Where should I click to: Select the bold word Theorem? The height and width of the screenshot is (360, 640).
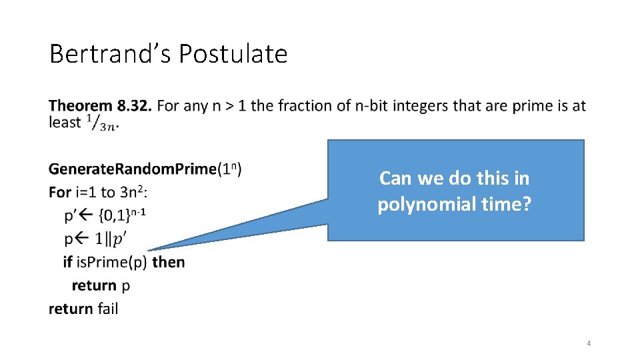tap(81, 105)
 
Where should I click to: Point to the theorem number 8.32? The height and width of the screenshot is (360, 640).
tap(135, 105)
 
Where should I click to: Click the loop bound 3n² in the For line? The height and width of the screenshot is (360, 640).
tap(133, 192)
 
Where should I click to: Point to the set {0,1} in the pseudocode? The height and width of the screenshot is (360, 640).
tap(114, 215)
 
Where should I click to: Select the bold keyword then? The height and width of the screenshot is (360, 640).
tap(169, 262)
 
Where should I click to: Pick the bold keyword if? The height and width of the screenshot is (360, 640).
tap(67, 262)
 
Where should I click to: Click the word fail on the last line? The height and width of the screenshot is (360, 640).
tap(107, 309)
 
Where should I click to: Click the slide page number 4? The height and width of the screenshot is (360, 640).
tap(588, 343)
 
